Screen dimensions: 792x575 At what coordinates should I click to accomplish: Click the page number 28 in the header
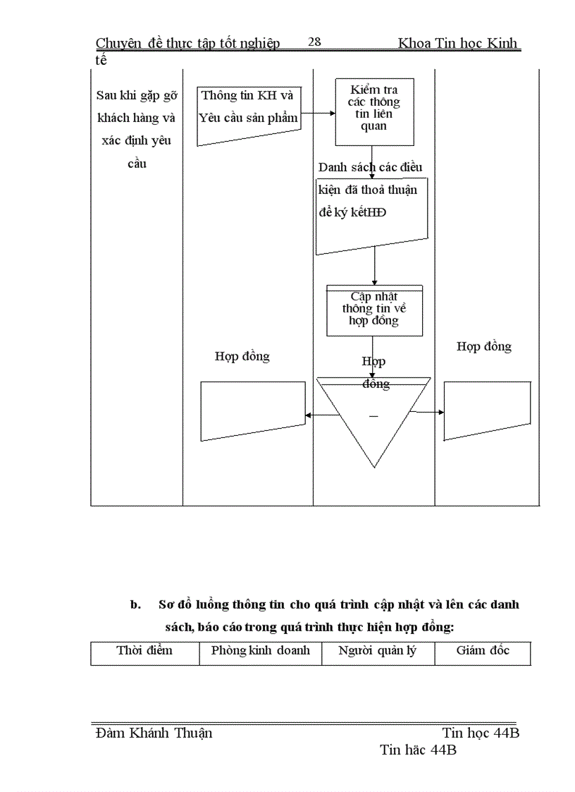pyautogui.click(x=314, y=42)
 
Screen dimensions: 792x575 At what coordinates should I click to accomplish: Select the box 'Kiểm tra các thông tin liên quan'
pyautogui.click(x=373, y=111)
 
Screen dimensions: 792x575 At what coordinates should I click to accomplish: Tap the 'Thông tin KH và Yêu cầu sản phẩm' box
pyautogui.click(x=247, y=115)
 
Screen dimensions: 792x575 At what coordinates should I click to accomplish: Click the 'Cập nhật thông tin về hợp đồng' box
pyautogui.click(x=373, y=310)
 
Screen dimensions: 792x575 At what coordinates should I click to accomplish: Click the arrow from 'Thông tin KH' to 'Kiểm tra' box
pyautogui.click(x=317, y=113)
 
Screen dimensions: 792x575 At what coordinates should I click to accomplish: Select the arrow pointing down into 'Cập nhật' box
pyautogui.click(x=374, y=269)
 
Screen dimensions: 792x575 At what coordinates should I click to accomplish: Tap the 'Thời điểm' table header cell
pyautogui.click(x=144, y=650)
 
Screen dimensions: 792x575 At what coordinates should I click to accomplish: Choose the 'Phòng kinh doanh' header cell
pyautogui.click(x=260, y=650)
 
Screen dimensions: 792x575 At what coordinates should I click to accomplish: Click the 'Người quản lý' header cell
pyautogui.click(x=378, y=650)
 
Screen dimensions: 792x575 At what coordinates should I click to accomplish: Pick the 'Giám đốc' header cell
pyautogui.click(x=483, y=650)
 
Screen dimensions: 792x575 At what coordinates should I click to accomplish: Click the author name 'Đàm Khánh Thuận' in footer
pyautogui.click(x=154, y=733)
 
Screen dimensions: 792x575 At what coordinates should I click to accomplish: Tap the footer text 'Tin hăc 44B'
pyautogui.click(x=418, y=750)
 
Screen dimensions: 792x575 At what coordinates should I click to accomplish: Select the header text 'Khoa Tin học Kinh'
pyautogui.click(x=458, y=44)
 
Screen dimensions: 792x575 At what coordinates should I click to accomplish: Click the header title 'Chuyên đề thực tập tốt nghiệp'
pyautogui.click(x=188, y=44)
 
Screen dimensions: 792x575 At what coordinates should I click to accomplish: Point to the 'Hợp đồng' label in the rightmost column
pyautogui.click(x=484, y=346)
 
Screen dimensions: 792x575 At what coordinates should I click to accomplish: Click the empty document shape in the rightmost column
pyautogui.click(x=487, y=409)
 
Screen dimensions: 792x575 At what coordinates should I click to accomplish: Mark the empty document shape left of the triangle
pyautogui.click(x=253, y=409)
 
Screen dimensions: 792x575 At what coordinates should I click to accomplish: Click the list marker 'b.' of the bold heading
pyautogui.click(x=136, y=605)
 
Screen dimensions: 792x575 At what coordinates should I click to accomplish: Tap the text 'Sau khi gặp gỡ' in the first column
pyautogui.click(x=137, y=96)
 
